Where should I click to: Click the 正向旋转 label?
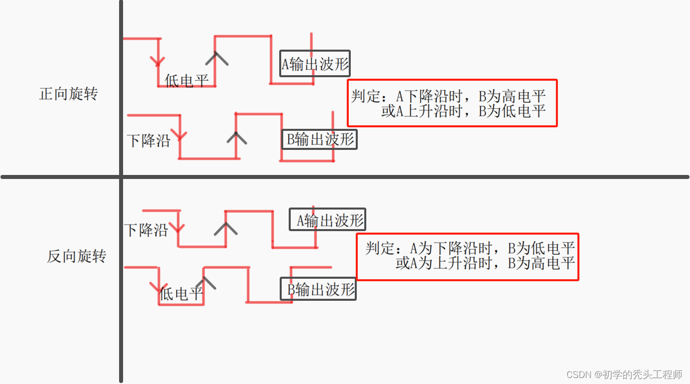click(x=69, y=94)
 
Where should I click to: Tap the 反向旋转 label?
click(x=77, y=256)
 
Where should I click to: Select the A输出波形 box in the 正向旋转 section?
click(x=315, y=64)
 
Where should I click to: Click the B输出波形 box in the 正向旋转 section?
click(x=319, y=139)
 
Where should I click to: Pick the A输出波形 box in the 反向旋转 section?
click(x=328, y=220)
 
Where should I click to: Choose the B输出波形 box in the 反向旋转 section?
click(x=318, y=289)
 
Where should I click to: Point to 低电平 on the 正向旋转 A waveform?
click(x=187, y=80)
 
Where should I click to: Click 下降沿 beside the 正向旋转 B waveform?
click(x=149, y=140)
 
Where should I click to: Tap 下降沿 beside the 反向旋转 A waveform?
click(x=146, y=230)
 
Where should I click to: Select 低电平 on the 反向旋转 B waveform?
click(x=181, y=294)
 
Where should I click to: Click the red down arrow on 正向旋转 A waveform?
click(x=158, y=61)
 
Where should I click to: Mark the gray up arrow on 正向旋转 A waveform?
click(x=216, y=58)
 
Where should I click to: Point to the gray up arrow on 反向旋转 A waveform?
click(x=226, y=229)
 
